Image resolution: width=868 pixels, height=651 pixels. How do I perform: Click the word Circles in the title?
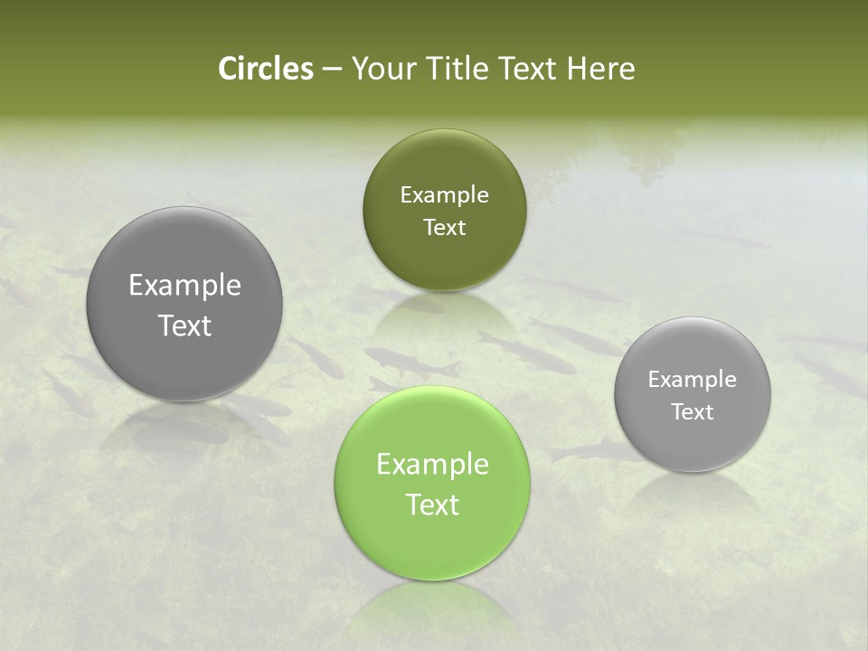[266, 69]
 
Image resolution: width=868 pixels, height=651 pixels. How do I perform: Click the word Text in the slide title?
[529, 69]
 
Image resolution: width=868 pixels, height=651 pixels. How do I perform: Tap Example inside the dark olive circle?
[444, 194]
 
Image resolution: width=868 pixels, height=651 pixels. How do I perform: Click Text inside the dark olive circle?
[444, 227]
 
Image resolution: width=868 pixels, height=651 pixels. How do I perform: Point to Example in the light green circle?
[432, 464]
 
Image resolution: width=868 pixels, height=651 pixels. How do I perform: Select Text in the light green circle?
[432, 505]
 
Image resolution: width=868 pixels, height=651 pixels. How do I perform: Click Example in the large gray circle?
[184, 285]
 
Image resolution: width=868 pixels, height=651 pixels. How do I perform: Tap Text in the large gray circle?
[184, 325]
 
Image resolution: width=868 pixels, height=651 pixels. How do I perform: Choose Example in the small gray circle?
[693, 379]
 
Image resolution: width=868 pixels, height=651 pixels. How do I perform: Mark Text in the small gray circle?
[693, 411]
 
